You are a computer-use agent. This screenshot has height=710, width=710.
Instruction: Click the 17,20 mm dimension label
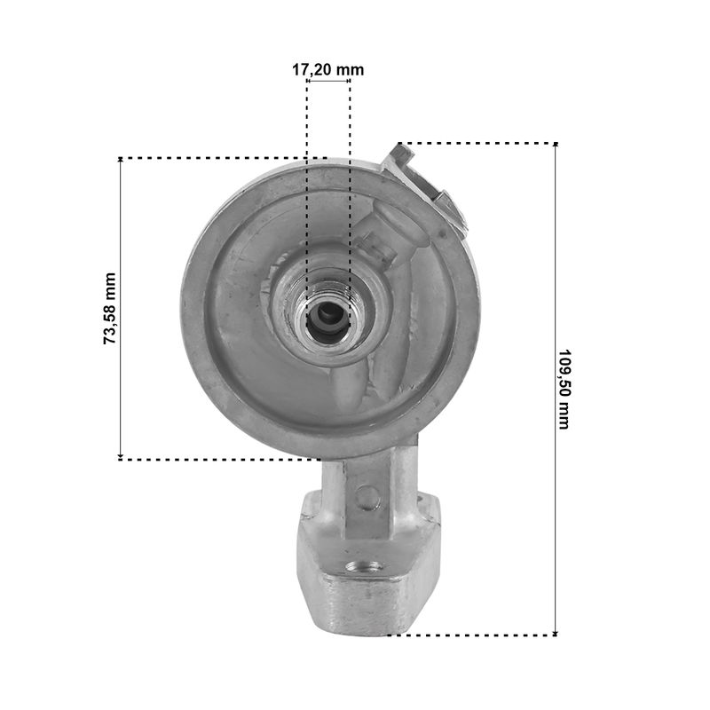coord(327,70)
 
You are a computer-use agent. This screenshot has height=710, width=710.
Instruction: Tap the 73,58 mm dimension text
coord(110,308)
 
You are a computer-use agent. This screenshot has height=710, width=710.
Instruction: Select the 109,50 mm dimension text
coord(564,389)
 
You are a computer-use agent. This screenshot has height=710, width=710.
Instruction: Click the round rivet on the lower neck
coord(367,497)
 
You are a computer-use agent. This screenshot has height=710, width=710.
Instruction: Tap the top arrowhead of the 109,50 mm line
coord(556,146)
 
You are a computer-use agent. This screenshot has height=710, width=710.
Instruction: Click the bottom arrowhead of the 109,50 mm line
coord(556,633)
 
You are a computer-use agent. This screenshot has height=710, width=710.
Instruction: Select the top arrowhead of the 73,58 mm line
coord(121,161)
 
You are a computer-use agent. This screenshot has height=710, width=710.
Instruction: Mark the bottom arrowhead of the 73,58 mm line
coord(121,456)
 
